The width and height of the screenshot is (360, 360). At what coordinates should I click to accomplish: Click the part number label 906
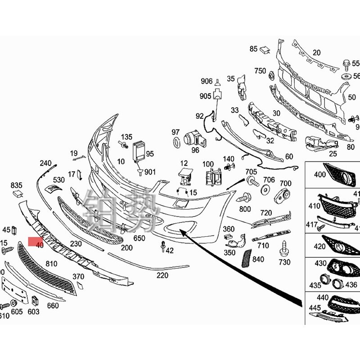click(x=207, y=81)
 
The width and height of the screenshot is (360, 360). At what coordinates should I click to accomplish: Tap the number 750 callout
click(x=260, y=71)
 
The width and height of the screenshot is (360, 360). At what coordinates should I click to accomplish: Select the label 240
click(x=46, y=163)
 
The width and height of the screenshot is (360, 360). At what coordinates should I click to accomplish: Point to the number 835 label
click(x=17, y=185)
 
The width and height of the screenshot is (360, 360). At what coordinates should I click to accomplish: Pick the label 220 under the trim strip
click(x=162, y=275)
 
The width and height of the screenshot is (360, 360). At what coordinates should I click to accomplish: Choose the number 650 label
click(x=139, y=238)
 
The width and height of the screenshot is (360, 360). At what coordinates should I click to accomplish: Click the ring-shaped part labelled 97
click(x=176, y=143)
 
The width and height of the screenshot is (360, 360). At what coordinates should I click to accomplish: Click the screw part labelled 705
click(x=252, y=182)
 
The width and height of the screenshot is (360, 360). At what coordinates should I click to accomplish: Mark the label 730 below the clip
click(x=284, y=262)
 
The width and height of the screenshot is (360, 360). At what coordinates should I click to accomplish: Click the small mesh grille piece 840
click(x=247, y=258)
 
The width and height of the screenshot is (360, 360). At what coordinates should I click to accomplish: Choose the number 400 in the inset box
click(x=320, y=175)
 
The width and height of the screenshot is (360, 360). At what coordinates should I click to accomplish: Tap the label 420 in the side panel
click(x=319, y=246)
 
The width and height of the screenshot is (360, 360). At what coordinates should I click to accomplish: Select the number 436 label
click(x=351, y=284)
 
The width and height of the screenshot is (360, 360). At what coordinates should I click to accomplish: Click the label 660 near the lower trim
click(x=53, y=306)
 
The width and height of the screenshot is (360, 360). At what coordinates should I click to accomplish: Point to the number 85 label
click(x=253, y=49)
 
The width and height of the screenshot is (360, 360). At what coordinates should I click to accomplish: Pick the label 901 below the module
click(x=150, y=172)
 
